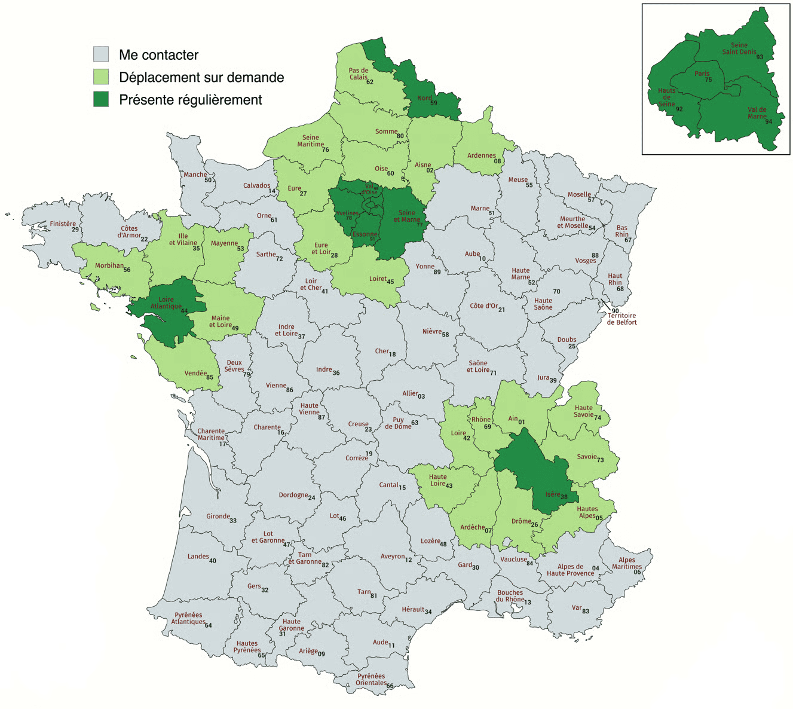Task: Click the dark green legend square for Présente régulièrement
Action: click(101, 99)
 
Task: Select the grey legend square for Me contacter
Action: click(101, 54)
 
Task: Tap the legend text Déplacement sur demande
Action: click(201, 77)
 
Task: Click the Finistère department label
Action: click(63, 224)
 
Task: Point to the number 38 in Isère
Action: click(564, 497)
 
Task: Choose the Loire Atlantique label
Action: click(166, 303)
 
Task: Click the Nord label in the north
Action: click(424, 98)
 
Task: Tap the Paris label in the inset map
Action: click(702, 74)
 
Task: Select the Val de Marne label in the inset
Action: click(757, 113)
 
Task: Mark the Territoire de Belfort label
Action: click(621, 319)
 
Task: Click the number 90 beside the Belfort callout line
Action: click(615, 310)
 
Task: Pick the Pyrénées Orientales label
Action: click(371, 679)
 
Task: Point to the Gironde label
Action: click(218, 517)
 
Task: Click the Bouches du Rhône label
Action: click(510, 596)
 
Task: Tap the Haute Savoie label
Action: click(583, 411)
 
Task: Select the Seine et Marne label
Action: click(406, 216)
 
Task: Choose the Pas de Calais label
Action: click(359, 74)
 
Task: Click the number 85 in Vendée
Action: click(210, 377)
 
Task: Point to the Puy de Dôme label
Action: click(398, 423)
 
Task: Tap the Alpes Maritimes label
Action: click(626, 563)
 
